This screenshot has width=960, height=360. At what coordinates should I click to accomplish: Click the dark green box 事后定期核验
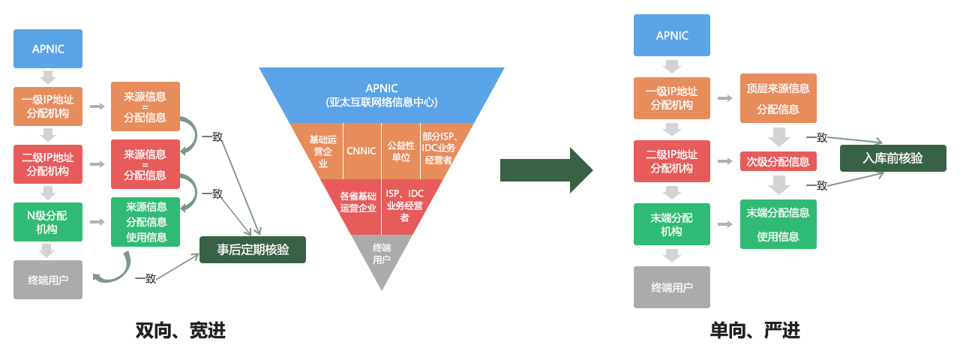pyautogui.click(x=253, y=250)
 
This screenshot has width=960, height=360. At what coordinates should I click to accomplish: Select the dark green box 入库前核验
pyautogui.click(x=892, y=158)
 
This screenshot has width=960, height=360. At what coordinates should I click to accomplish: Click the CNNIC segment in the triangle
pyautogui.click(x=361, y=150)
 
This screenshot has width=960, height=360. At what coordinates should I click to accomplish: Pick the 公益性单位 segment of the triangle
pyautogui.click(x=400, y=150)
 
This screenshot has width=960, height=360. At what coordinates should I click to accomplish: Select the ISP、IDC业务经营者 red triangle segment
pyautogui.click(x=406, y=205)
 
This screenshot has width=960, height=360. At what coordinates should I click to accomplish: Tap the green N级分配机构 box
pyautogui.click(x=48, y=222)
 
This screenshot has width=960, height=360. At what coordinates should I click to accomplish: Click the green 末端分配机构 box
pyautogui.click(x=671, y=224)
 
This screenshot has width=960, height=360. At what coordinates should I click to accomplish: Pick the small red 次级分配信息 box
pyautogui.click(x=778, y=161)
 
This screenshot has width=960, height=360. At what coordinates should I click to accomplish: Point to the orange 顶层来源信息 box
pyautogui.click(x=778, y=98)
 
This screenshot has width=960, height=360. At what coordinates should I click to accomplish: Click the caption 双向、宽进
pyautogui.click(x=180, y=330)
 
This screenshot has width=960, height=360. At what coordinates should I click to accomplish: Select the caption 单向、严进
pyautogui.click(x=755, y=330)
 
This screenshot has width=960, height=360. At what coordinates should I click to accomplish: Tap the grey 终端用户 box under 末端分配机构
pyautogui.click(x=671, y=287)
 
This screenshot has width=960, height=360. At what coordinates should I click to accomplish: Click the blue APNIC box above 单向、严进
pyautogui.click(x=671, y=35)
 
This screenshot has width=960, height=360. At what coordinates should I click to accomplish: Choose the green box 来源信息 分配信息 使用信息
pyautogui.click(x=145, y=222)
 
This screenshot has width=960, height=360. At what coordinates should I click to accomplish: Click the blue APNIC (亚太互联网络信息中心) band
pyautogui.click(x=382, y=94)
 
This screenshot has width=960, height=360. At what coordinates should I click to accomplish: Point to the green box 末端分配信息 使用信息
pyautogui.click(x=778, y=224)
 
